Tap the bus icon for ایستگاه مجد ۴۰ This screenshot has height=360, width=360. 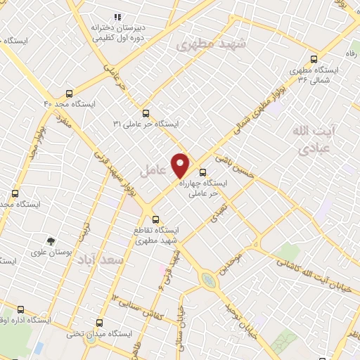[69, 93]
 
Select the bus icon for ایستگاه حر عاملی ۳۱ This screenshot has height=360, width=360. [146, 112]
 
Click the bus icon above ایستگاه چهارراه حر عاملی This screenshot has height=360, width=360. [203, 172]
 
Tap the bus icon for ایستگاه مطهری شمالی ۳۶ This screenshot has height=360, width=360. [313, 60]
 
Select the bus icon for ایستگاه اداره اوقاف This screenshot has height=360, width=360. [19, 309]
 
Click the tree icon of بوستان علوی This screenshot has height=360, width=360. [50, 240]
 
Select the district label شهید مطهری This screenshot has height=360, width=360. [212, 44]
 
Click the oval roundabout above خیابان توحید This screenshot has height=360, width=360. [208, 280]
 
